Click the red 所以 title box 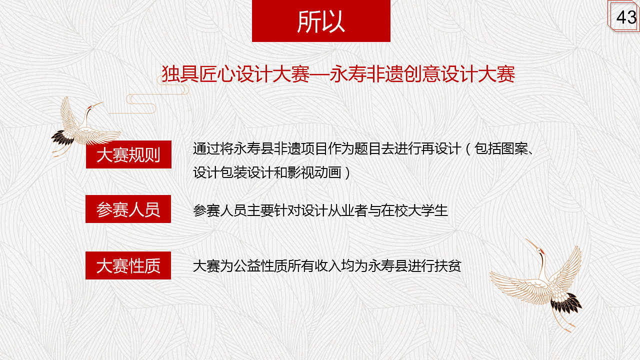[x=321, y=21]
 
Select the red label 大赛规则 [x=128, y=154]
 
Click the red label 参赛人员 [x=128, y=209]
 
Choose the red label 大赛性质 [x=128, y=265]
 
